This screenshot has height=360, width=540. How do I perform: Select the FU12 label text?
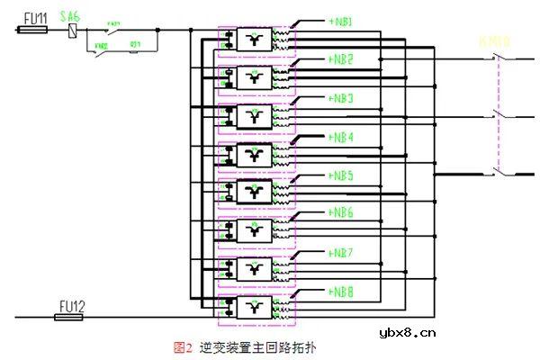coord(71,306)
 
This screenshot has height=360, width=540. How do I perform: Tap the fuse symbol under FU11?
coord(33,30)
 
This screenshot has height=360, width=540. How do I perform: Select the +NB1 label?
coord(341,20)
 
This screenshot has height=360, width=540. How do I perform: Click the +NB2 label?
coord(341,58)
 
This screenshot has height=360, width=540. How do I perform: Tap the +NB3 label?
coord(341,97)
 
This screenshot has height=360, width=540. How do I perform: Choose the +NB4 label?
coord(341,137)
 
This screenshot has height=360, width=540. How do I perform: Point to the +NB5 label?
coord(341,175)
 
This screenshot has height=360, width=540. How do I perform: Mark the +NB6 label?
coord(341,213)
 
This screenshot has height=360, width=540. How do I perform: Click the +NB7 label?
coord(341,252)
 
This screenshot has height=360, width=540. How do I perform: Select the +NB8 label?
coord(341,292)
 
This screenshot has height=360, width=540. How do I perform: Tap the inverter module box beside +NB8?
coord(255,308)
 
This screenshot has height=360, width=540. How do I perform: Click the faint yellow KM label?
coord(495,40)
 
